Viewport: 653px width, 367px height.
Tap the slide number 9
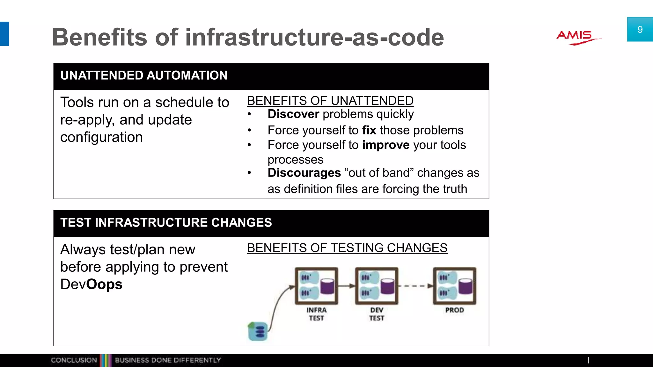(x=640, y=30)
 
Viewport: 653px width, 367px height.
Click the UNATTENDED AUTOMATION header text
(x=144, y=76)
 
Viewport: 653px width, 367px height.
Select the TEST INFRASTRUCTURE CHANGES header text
(x=166, y=223)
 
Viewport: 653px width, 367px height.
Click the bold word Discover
(x=293, y=114)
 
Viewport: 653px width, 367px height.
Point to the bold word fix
(x=369, y=130)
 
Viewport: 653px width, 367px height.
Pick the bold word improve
(x=386, y=145)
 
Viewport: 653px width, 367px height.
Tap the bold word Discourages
(x=304, y=173)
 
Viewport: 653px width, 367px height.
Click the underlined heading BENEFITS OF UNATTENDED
(x=330, y=101)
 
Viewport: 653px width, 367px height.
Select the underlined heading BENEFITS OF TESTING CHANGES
(x=347, y=248)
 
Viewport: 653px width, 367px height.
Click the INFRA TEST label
(x=316, y=314)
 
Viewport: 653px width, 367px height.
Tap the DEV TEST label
(x=377, y=314)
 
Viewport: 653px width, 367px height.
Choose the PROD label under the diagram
(x=454, y=310)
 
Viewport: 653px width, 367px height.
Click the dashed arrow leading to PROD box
(x=416, y=286)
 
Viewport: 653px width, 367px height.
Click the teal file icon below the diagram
(x=258, y=331)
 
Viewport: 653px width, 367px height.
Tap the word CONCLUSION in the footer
(x=74, y=360)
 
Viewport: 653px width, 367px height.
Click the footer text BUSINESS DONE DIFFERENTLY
(x=168, y=360)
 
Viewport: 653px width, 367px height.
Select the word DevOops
(x=91, y=284)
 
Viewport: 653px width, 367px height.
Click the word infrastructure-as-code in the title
(x=314, y=37)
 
